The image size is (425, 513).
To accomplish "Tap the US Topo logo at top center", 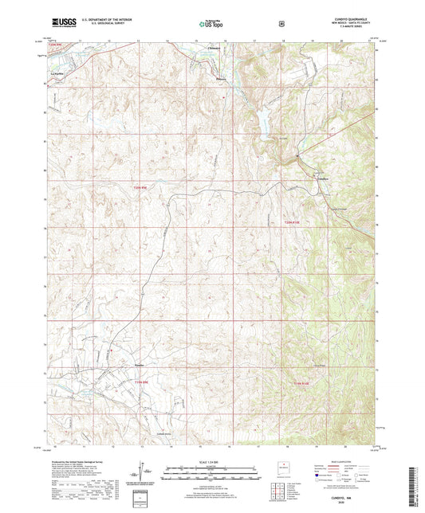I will pos(212,25).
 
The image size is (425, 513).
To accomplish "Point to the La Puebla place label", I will pos(57,69).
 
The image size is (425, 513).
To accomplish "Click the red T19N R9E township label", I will pos(140,382).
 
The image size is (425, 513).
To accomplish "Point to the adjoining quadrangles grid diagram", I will pos(281,489).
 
